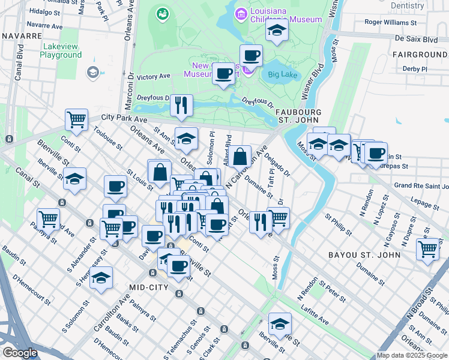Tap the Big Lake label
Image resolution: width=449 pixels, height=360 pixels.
click(283, 75)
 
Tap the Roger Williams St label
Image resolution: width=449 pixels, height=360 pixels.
click(391, 22)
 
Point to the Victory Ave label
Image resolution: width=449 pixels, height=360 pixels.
click(154, 77)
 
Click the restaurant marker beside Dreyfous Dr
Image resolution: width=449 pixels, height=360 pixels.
click(181, 105)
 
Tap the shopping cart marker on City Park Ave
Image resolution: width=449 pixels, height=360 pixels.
click(77, 119)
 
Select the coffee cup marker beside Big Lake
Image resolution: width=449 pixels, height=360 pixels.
click(251, 56)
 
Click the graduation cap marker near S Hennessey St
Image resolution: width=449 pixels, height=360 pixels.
click(102, 277)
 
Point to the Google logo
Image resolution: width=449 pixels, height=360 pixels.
click(20, 353)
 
